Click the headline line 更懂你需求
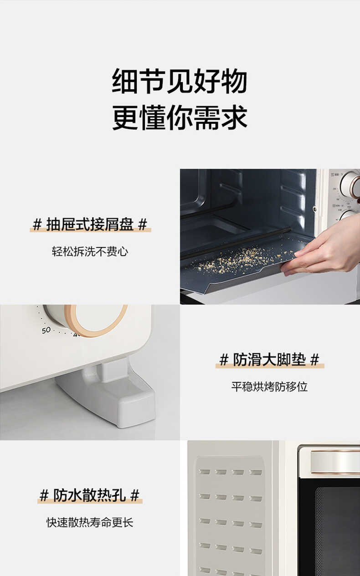tap(180, 118)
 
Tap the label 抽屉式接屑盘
tap(90, 224)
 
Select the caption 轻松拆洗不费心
tap(90, 251)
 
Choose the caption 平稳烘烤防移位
tap(269, 387)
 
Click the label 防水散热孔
tap(90, 495)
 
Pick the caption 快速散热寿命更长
tap(90, 522)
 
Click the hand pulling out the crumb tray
tap(324, 248)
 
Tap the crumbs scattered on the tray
tap(237, 260)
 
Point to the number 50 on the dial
tap(46, 330)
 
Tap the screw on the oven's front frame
tap(315, 209)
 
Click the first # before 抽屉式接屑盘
tap(37, 224)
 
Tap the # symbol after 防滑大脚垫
tap(315, 360)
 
